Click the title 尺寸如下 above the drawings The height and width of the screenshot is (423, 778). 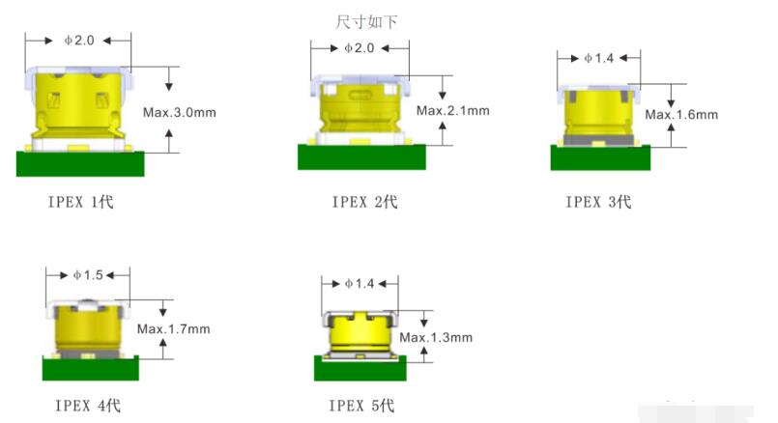point(366,21)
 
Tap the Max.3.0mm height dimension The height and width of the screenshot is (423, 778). point(179,113)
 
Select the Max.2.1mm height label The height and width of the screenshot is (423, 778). point(452,111)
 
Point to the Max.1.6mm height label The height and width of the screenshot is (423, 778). point(681,115)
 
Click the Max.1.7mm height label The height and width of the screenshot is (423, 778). point(173,328)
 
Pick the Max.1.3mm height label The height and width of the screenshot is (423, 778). point(436,338)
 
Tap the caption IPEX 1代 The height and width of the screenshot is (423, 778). point(80,201)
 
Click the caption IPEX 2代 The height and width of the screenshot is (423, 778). point(364,201)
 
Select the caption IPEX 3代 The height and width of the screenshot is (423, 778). point(598,201)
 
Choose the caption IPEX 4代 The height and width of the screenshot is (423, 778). point(87,406)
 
